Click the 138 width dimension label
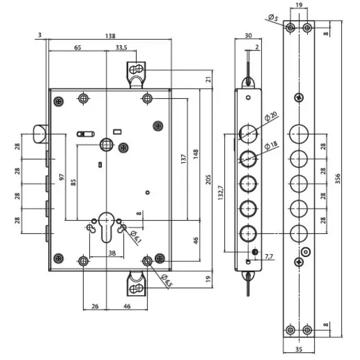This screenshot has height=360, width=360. tap(110, 36)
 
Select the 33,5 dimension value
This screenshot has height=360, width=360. tap(121, 48)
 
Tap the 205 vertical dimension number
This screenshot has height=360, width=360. tap(208, 179)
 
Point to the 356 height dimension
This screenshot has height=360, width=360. tap(337, 179)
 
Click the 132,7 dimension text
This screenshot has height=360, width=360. tap(220, 193)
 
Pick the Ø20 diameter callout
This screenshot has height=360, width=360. tap(271, 116)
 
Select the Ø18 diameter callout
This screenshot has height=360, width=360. tap(271, 145)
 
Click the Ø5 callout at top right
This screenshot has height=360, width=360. tap(273, 17)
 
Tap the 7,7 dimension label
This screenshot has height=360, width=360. tap(269, 256)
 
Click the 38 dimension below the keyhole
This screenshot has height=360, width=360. tap(112, 253)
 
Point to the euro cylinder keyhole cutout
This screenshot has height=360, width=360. tap(107, 227)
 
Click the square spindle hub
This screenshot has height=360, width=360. tap(106, 144)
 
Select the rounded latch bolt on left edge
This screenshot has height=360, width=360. tap(40, 134)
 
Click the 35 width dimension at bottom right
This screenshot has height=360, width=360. tap(299, 349)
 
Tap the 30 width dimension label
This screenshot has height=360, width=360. tap(248, 36)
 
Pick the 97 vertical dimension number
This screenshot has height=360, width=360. tap(62, 177)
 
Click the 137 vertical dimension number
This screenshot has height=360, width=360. tap(184, 159)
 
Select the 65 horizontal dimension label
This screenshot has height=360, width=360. tap(77, 48)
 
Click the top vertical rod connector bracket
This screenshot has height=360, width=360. tap(136, 75)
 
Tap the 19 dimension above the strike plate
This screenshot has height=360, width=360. tap(299, 5)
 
